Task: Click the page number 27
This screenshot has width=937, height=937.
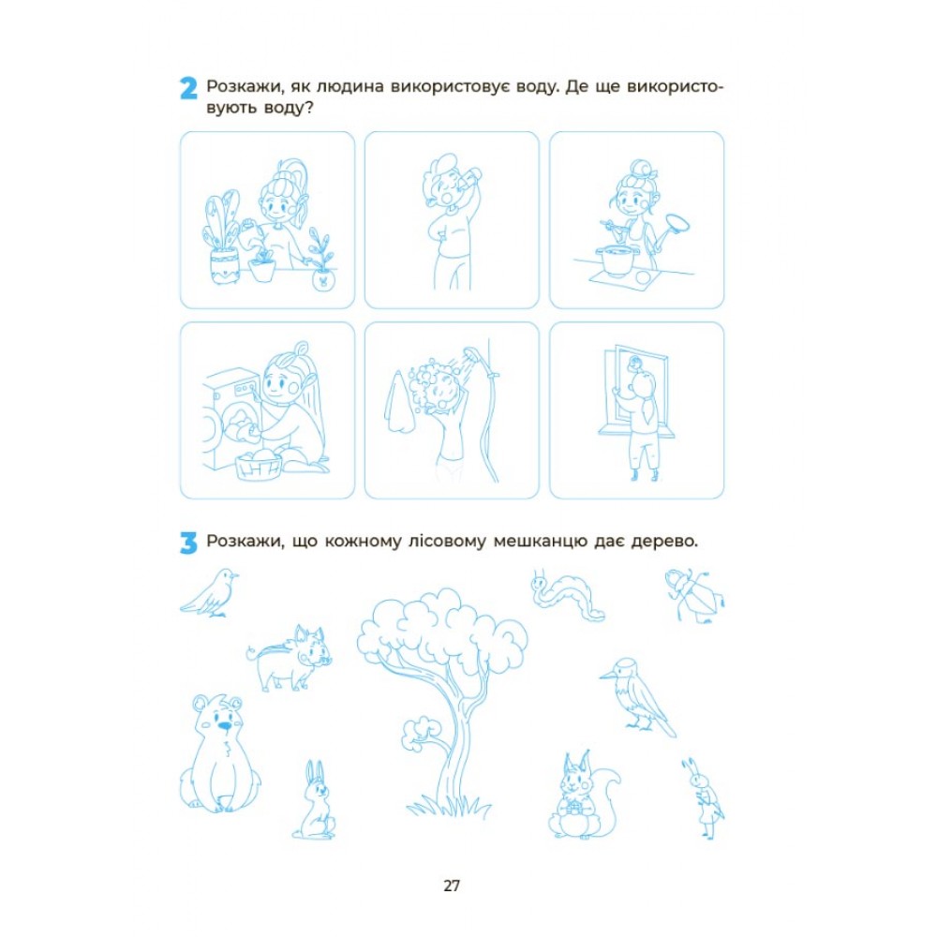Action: click(452, 885)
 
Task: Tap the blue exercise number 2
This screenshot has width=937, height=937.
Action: click(188, 88)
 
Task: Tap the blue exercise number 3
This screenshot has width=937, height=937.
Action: click(188, 543)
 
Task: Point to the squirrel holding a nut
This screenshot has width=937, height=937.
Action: click(583, 795)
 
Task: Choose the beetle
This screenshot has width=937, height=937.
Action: click(694, 595)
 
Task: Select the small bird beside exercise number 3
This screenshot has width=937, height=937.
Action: click(209, 593)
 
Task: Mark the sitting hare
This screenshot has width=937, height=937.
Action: click(314, 800)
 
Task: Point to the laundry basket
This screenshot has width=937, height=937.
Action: click(259, 465)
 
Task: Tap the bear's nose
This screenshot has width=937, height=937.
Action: click(224, 726)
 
